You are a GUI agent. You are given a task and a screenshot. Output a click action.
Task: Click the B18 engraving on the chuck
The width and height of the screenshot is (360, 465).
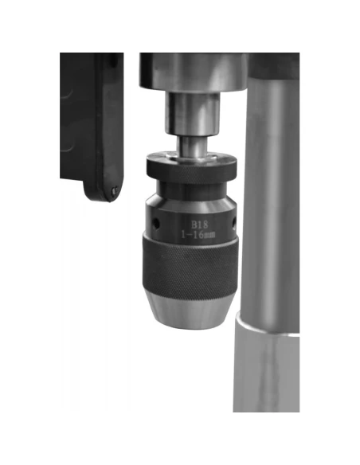[199, 225]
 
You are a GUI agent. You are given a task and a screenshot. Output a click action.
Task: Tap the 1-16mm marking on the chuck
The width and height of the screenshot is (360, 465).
[198, 235]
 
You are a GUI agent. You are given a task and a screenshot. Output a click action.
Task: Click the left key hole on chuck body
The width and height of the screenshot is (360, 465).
[155, 223]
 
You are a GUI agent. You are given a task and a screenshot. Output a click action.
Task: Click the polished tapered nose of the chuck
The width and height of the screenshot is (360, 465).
[190, 310]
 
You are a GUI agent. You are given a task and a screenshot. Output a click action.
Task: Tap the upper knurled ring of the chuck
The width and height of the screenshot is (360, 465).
[192, 168]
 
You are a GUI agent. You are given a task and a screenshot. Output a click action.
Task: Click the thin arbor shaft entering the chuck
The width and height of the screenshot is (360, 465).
[193, 146]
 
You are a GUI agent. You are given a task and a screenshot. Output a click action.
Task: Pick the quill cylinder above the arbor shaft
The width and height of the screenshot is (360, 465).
[194, 113]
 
